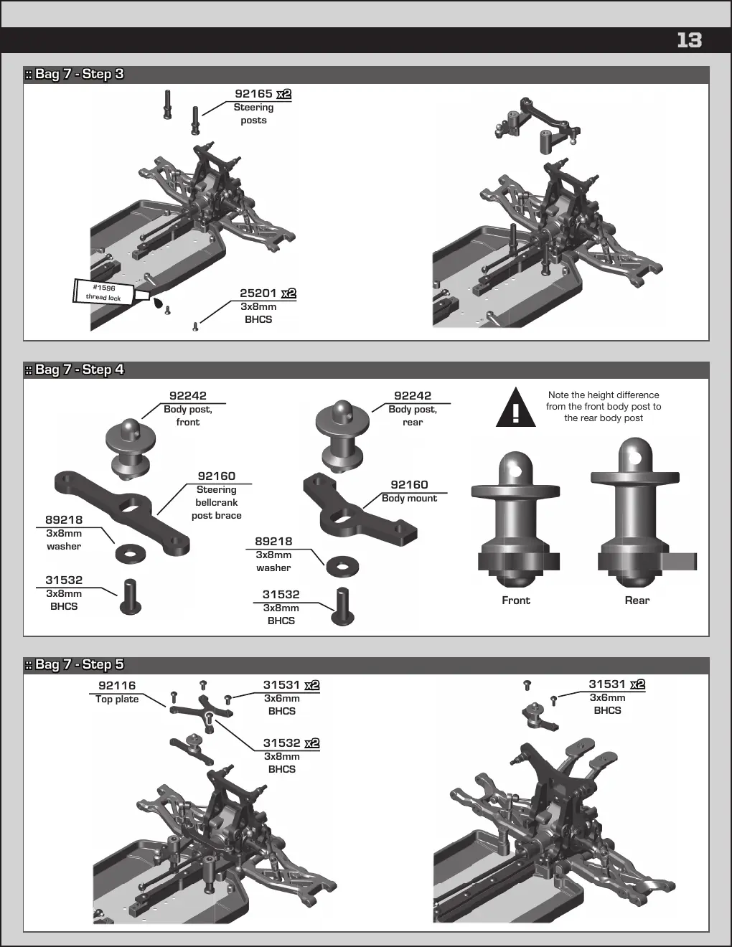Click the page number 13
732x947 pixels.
[x=689, y=40]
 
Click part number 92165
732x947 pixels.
[x=254, y=93]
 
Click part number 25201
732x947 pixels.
[x=258, y=293]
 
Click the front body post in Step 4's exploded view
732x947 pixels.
[x=131, y=448]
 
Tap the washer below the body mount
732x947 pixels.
[x=342, y=567]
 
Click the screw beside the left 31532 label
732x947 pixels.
[x=131, y=597]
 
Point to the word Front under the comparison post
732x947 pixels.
[x=516, y=600]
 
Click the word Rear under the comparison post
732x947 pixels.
[x=637, y=600]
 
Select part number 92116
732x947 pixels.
[x=117, y=685]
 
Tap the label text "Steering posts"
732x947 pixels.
[x=254, y=114]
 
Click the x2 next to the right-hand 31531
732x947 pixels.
[x=638, y=684]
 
